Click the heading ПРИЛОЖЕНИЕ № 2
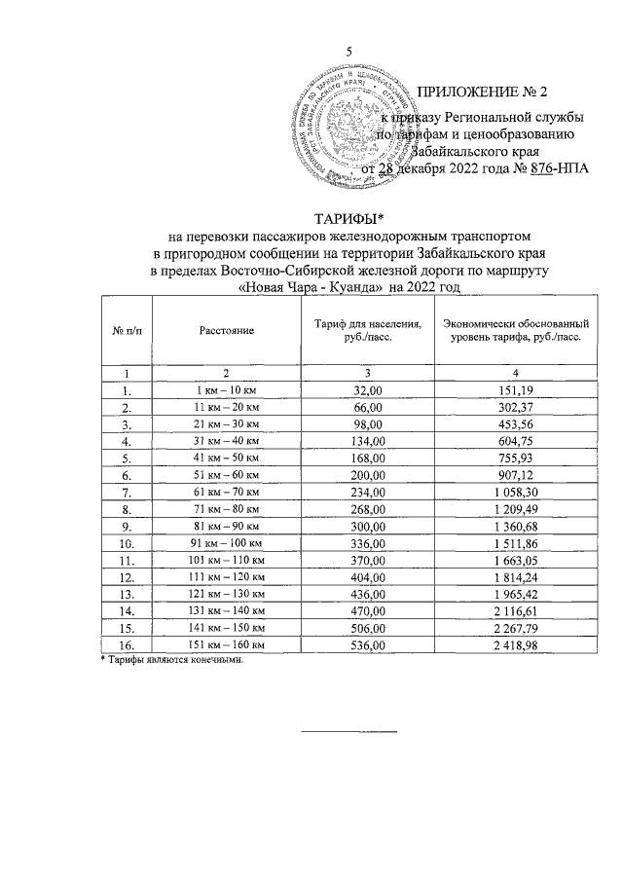[x=483, y=93]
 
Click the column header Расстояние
[x=227, y=331]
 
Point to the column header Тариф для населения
[x=368, y=323]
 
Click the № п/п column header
[x=127, y=331]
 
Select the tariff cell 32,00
[x=368, y=389]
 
